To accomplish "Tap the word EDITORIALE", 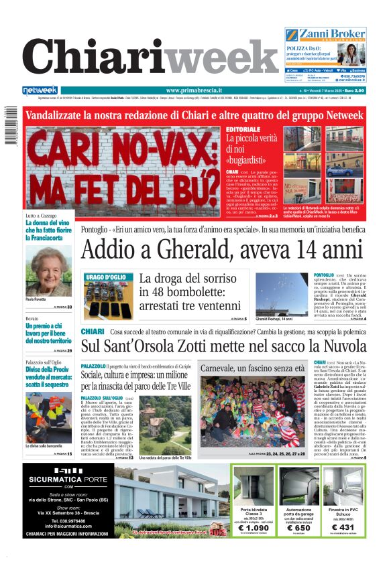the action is (x=243, y=129).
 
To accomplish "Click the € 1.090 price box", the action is (x=254, y=528).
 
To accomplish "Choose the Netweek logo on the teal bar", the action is (x=40, y=90).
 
